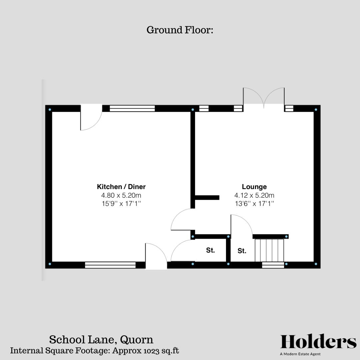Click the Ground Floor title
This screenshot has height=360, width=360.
[x=180, y=30]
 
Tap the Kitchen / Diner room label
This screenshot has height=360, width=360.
[x=121, y=187]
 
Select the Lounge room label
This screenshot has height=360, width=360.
[x=254, y=187]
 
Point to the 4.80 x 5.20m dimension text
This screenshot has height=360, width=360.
[x=121, y=195]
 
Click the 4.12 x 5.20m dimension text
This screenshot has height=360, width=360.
[x=254, y=195]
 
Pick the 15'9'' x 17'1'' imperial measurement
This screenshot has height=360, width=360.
[x=121, y=204]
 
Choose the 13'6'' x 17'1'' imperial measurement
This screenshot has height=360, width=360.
[x=254, y=204]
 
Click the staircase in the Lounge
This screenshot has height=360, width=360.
[x=269, y=250]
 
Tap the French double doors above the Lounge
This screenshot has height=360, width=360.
[x=264, y=98]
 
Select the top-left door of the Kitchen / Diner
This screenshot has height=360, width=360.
[x=91, y=117]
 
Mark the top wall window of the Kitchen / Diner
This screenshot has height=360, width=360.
[x=132, y=108]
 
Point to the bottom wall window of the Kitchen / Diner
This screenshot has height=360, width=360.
[x=110, y=265]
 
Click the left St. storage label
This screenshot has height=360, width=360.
[x=210, y=250]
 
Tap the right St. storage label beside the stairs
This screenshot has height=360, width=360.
[x=242, y=251]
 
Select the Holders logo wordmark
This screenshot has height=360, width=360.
[x=318, y=342]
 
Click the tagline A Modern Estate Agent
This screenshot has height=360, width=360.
[x=300, y=354]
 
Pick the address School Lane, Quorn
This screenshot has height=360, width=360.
[x=101, y=339]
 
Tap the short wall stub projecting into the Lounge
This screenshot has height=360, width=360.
[x=207, y=198]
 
